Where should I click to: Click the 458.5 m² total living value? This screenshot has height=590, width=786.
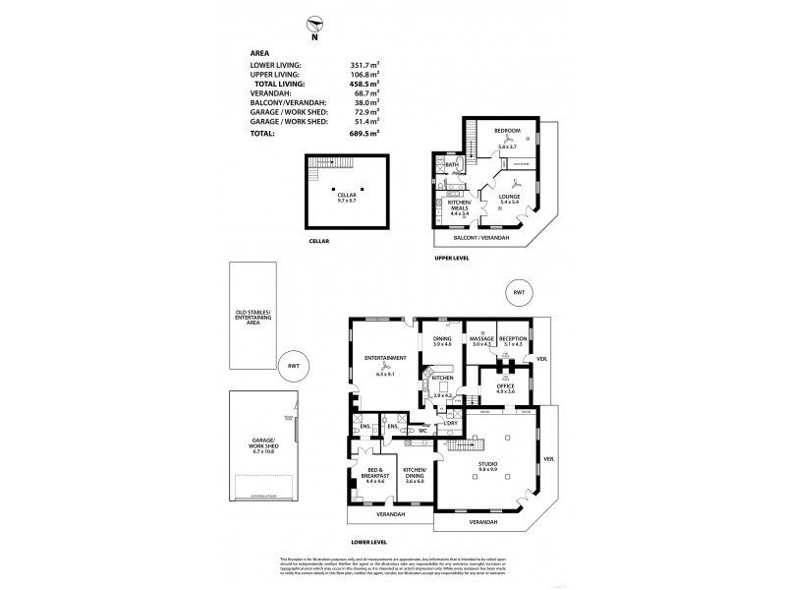359,86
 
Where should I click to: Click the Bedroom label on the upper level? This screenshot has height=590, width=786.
507,130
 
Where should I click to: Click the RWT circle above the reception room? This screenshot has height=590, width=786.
518,293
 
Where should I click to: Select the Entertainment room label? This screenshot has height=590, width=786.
384,360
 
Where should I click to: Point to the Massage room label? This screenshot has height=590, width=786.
480,339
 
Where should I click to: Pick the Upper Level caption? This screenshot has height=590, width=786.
452,258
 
